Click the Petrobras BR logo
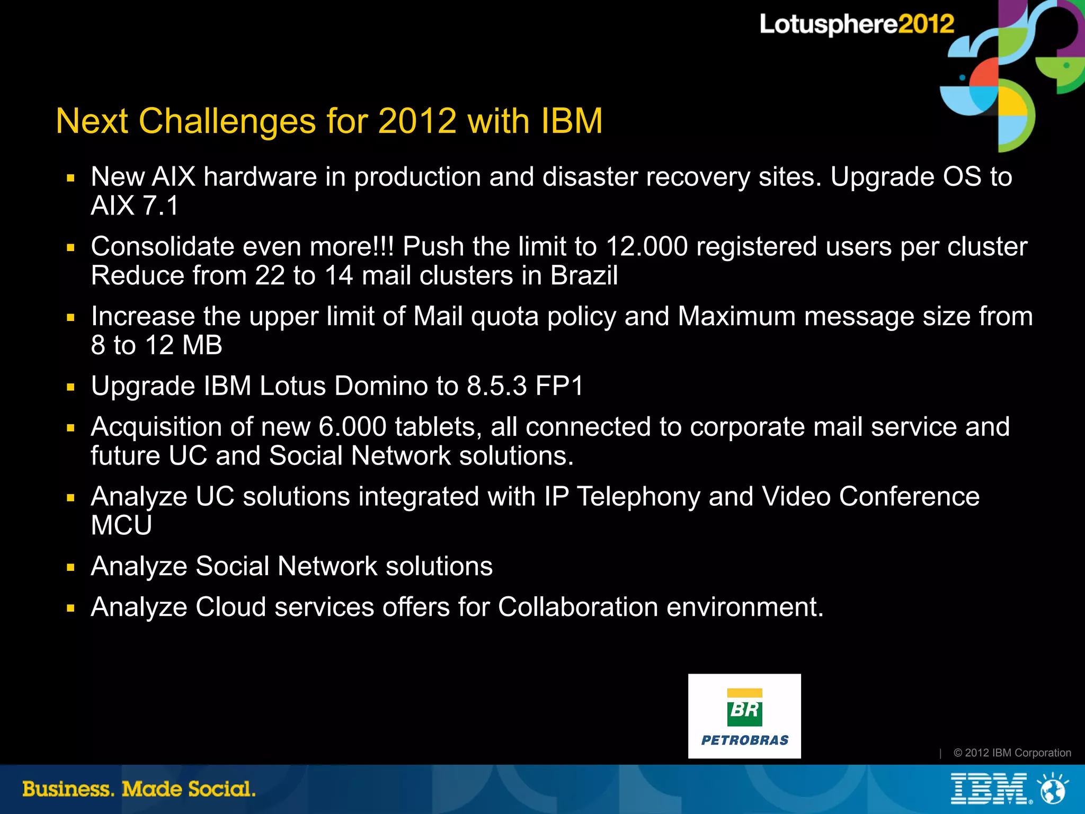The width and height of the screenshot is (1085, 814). click(744, 715)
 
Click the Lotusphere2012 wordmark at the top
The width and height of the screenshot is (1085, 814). click(856, 24)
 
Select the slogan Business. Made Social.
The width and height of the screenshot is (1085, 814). click(139, 789)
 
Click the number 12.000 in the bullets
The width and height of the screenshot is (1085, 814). click(646, 247)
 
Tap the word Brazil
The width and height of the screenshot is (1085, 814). click(584, 275)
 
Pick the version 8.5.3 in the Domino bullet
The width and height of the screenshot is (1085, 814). click(496, 386)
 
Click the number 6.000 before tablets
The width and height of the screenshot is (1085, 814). click(352, 427)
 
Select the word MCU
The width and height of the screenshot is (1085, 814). click(121, 525)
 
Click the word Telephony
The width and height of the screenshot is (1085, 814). click(638, 497)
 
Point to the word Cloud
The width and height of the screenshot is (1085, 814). click(230, 607)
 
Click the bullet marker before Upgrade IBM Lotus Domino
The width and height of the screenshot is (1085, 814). click(71, 387)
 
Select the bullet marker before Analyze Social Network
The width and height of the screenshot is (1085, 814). click(71, 568)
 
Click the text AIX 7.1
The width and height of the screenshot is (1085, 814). click(135, 205)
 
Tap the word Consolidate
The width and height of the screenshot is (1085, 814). click(162, 247)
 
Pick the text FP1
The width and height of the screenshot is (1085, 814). click(559, 386)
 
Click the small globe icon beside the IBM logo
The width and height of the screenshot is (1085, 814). click(1053, 790)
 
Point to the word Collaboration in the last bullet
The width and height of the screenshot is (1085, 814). click(578, 607)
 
